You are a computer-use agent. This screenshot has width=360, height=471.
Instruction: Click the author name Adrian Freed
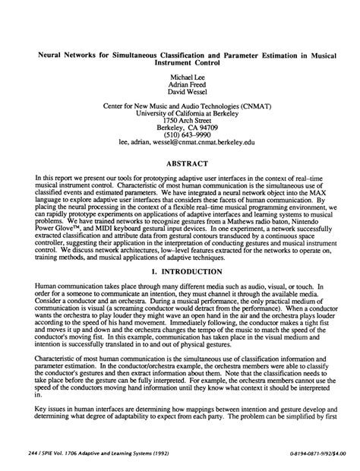(179, 85)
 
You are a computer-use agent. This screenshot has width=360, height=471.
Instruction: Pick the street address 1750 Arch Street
(179, 119)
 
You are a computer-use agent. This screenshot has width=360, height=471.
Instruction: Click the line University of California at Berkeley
(179, 112)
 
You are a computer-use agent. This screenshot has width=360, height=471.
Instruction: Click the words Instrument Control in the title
(179, 64)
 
